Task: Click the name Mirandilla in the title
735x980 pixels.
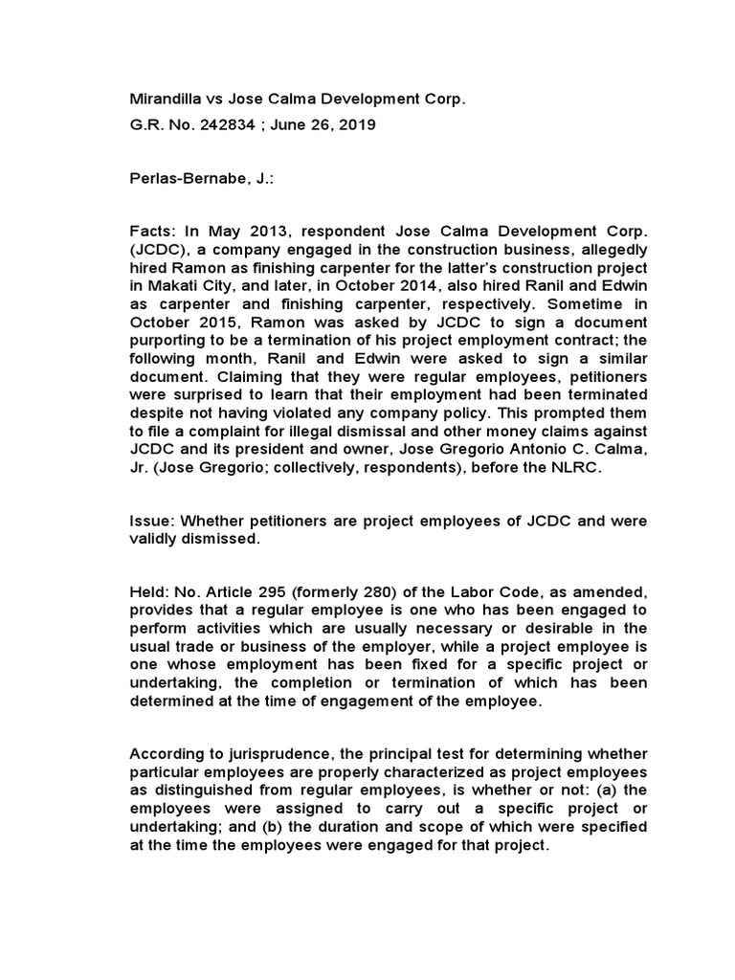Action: pyautogui.click(x=164, y=99)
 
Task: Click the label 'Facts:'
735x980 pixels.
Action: pyautogui.click(x=152, y=232)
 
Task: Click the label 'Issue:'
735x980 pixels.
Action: pyautogui.click(x=152, y=522)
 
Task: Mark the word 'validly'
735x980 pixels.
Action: pyautogui.click(x=153, y=539)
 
